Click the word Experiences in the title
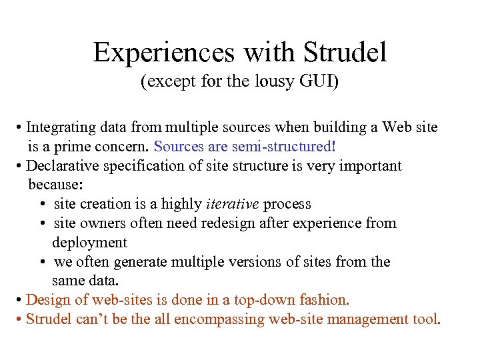tap(163, 53)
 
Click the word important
tap(369, 165)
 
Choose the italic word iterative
tap(233, 204)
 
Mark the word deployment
tap(89, 242)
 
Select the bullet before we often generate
tap(42, 262)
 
